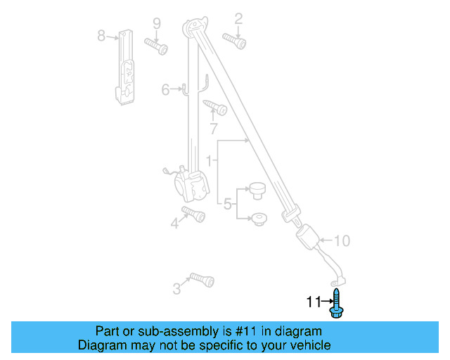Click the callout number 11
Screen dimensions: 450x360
coord(314,302)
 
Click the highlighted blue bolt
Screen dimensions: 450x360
coord(337,303)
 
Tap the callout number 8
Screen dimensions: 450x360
coord(101,35)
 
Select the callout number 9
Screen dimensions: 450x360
coord(157,22)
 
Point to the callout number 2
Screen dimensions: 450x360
coord(238,18)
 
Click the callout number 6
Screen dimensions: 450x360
coord(166,89)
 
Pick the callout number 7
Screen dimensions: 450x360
coord(214,129)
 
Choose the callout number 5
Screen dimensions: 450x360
coord(228,205)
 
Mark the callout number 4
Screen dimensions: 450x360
coord(174,224)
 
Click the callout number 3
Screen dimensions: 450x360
coord(176,288)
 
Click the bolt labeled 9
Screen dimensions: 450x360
coord(156,46)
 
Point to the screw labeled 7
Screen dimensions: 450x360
coord(214,107)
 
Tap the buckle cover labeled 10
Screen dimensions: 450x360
coord(309,236)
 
